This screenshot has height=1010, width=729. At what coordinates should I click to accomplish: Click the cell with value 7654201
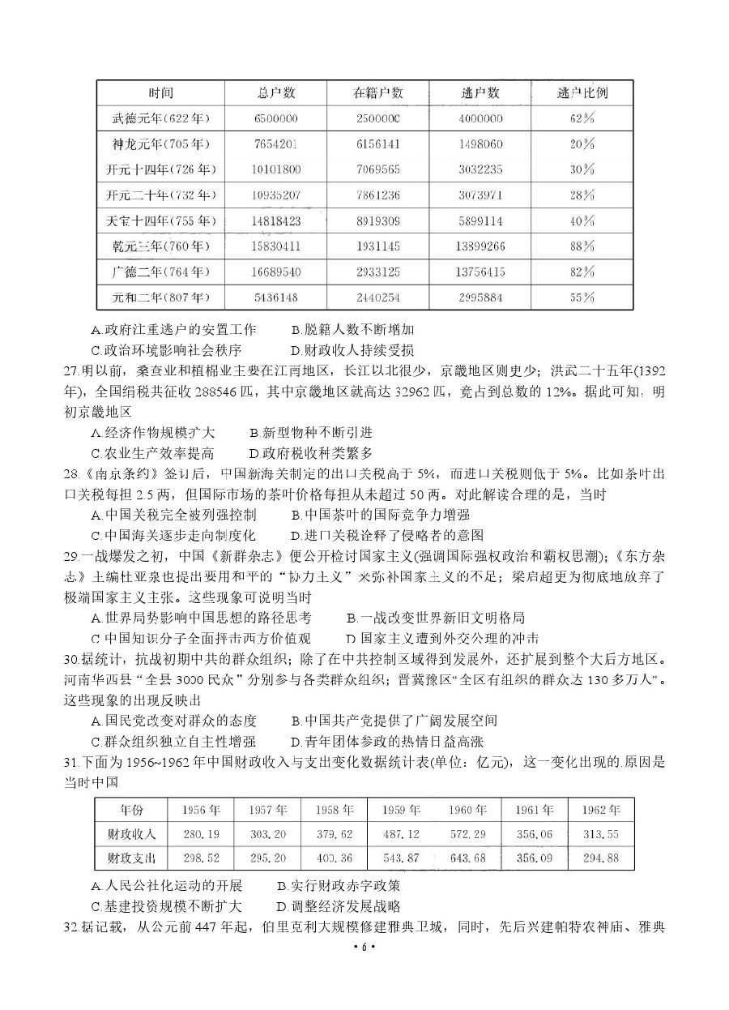[x=275, y=144]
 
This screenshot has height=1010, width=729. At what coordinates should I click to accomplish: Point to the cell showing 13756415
[x=480, y=272]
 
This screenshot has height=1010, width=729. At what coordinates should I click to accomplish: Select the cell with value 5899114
[x=480, y=220]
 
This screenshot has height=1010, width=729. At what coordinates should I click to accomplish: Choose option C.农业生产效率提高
[x=153, y=453]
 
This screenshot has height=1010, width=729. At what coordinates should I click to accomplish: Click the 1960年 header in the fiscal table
[x=467, y=810]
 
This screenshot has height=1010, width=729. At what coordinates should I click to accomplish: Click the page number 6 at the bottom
[x=364, y=947]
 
